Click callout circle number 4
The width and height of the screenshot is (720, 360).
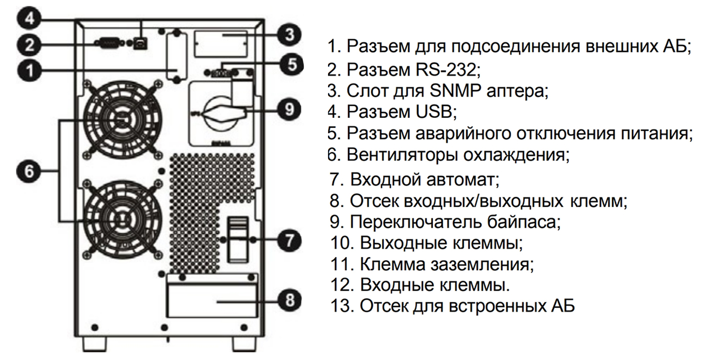click(29, 19)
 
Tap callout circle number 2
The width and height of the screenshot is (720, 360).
click(29, 45)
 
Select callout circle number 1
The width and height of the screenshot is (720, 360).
click(29, 71)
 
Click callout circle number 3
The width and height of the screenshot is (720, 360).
click(289, 34)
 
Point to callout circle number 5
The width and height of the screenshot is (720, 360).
click(292, 64)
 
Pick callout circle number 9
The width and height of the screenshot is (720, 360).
click(289, 109)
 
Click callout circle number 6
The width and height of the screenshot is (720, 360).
click(29, 171)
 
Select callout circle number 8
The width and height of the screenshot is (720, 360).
click(289, 299)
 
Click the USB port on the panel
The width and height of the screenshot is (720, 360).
click(143, 43)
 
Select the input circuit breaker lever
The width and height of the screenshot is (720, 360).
click(237, 239)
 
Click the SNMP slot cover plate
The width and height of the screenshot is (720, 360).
click(221, 44)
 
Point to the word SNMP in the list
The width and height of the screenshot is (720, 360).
click(455, 91)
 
